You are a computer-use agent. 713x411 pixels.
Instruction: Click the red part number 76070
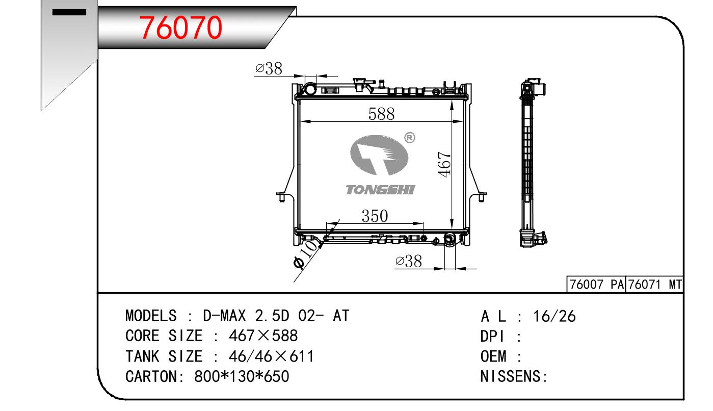(x=180, y=28)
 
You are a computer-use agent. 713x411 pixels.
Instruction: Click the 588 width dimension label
(x=381, y=114)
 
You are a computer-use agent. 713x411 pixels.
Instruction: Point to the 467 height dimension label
(x=444, y=164)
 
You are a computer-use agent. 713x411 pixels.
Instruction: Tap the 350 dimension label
(x=375, y=216)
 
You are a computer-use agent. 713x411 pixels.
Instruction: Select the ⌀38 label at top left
(x=269, y=69)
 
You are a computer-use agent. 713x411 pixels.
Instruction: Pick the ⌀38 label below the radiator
(x=409, y=262)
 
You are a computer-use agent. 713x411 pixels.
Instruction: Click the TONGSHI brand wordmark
(x=380, y=190)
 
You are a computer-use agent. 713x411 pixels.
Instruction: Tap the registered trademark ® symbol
(x=410, y=138)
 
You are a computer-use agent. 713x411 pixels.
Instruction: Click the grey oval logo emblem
(x=379, y=155)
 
